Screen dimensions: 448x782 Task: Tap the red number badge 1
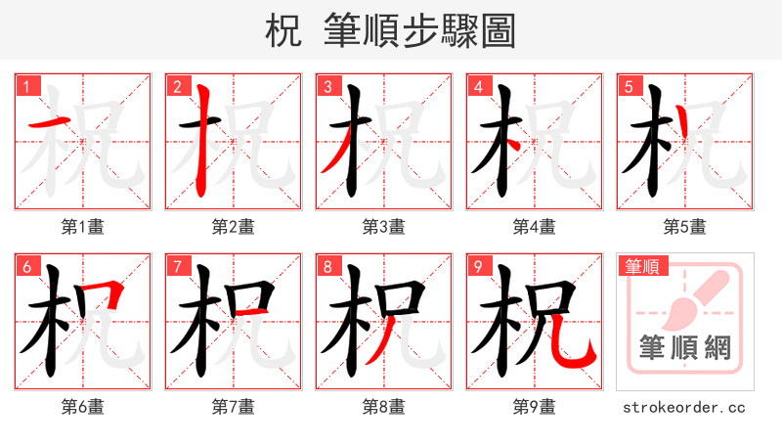point(25,87)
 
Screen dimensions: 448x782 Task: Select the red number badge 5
point(628,87)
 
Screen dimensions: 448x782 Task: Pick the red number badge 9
point(477,267)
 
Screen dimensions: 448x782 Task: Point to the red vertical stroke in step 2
point(202,137)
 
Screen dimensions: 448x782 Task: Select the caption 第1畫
point(83,227)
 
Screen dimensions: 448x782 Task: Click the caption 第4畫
point(535,227)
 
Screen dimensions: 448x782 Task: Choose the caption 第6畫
point(83,407)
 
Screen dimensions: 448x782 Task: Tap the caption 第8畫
point(384,407)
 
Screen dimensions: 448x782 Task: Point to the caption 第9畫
point(535,407)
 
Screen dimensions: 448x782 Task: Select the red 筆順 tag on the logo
point(641,266)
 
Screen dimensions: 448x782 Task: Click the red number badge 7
point(176,267)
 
